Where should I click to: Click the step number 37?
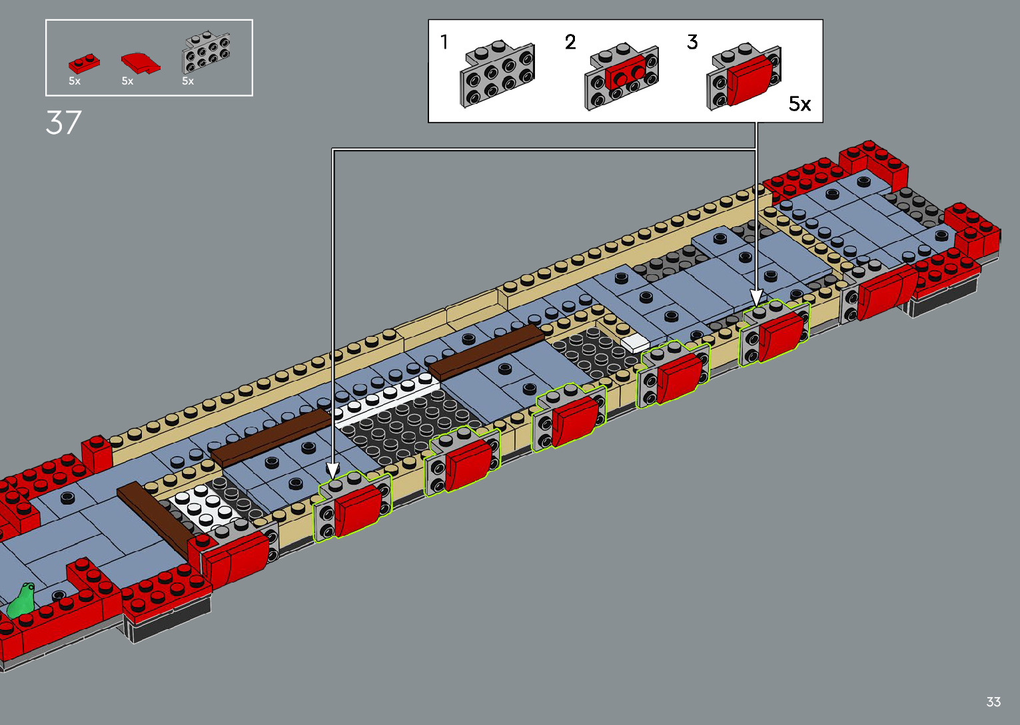63,123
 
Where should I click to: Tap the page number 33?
993,702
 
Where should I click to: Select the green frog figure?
22,601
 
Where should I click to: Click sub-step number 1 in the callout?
444,42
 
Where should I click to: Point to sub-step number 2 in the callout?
570,42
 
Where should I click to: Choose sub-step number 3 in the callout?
692,42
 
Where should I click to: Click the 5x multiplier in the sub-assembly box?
799,104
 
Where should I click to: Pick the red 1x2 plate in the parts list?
84,63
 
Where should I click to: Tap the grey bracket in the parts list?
206,52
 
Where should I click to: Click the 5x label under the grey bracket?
188,81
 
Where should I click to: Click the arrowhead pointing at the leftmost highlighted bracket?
333,471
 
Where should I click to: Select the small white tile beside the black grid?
635,342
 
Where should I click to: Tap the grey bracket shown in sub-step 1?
496,75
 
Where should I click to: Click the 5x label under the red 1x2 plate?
75,81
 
